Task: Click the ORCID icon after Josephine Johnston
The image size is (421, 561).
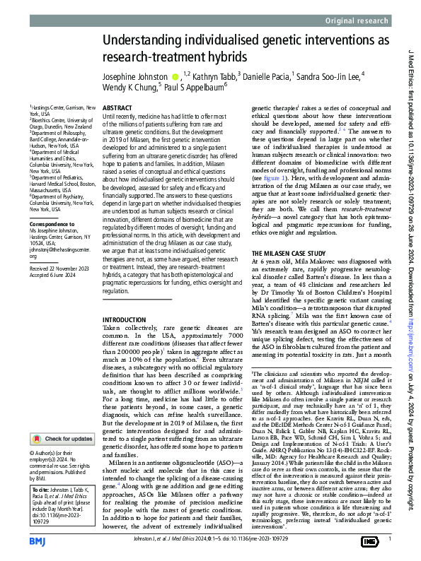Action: click(x=175, y=76)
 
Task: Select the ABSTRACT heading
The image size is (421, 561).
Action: click(x=117, y=108)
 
